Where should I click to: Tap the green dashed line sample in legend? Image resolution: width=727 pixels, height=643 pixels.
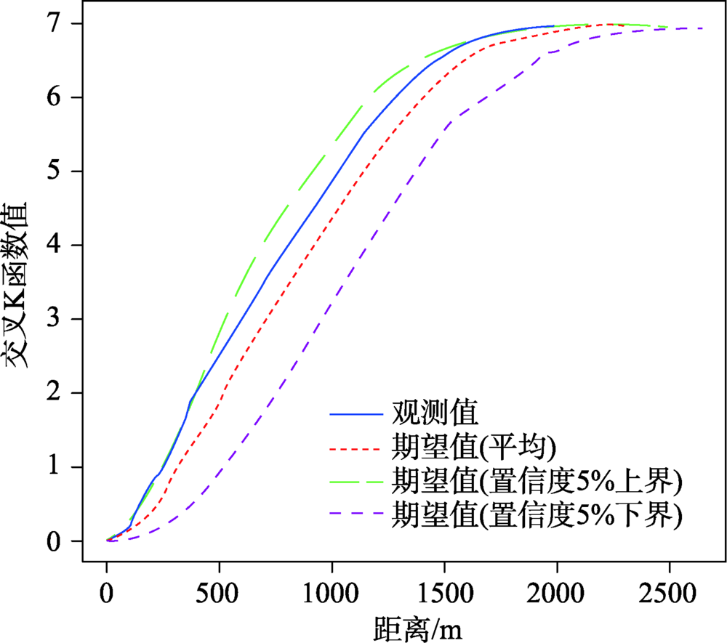[x=356, y=482]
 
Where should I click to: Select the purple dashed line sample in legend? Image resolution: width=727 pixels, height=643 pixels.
[x=356, y=515]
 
